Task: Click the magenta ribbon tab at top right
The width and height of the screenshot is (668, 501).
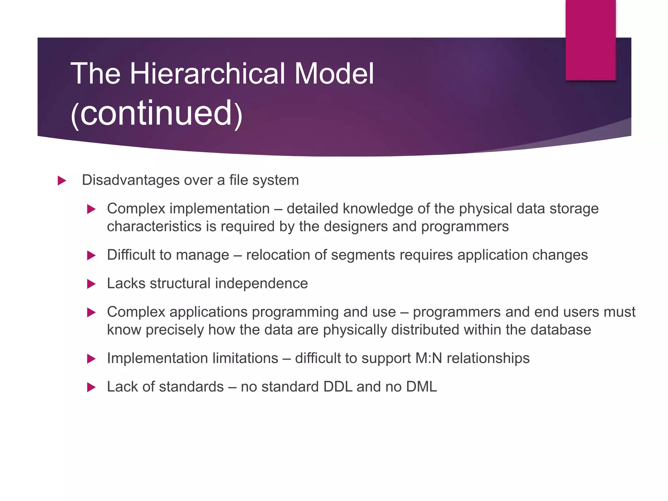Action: [590, 40]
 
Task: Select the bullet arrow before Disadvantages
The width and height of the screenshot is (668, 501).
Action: [62, 181]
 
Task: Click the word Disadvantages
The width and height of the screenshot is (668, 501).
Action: [130, 180]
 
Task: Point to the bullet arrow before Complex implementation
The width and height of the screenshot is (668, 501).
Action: [91, 209]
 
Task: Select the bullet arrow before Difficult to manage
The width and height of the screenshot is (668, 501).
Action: [91, 255]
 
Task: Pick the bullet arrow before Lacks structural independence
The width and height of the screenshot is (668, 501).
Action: [91, 284]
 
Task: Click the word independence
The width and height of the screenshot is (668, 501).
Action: [261, 283]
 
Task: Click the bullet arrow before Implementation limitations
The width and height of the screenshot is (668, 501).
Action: [91, 359]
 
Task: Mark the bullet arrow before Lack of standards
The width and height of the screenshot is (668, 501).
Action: [91, 387]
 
